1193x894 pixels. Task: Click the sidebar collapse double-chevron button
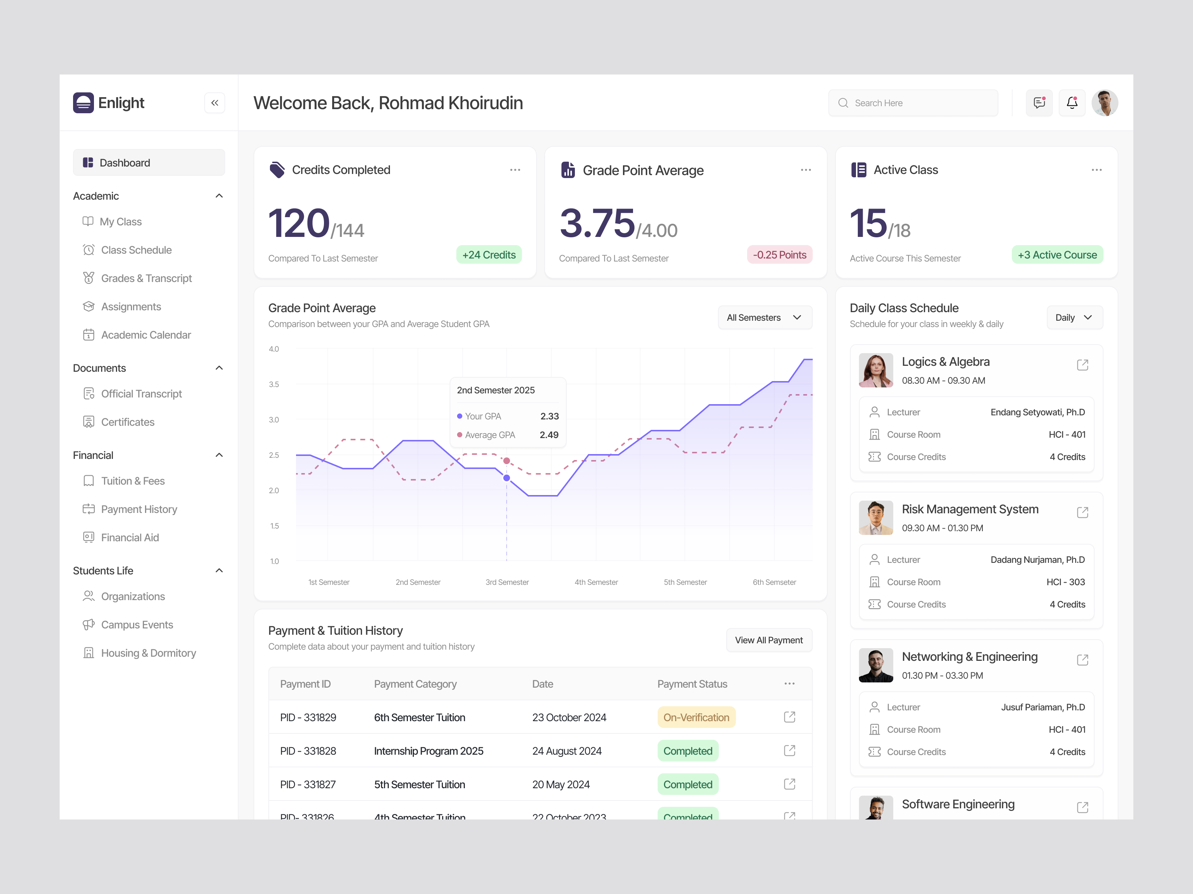[x=215, y=103]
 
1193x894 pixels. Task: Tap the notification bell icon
[x=1072, y=102]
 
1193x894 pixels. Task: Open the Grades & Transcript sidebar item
[x=146, y=278]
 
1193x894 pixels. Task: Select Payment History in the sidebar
[x=139, y=509]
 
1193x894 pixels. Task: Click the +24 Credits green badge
[x=489, y=255]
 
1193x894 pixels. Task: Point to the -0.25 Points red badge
[x=779, y=255]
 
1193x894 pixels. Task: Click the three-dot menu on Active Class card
[x=1096, y=170]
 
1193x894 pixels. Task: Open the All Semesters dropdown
[x=764, y=317]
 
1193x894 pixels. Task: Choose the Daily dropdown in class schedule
[x=1074, y=317]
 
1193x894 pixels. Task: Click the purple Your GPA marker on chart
[x=506, y=478]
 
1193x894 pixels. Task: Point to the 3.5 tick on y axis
[x=274, y=384]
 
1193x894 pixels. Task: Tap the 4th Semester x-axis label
[x=596, y=582]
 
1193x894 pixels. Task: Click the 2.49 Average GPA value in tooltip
[x=549, y=435]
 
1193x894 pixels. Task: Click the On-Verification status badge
[x=696, y=717]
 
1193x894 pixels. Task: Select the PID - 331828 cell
[x=308, y=751]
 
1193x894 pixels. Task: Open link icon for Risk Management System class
[x=1082, y=513]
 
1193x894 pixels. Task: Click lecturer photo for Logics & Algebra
[x=875, y=370]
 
